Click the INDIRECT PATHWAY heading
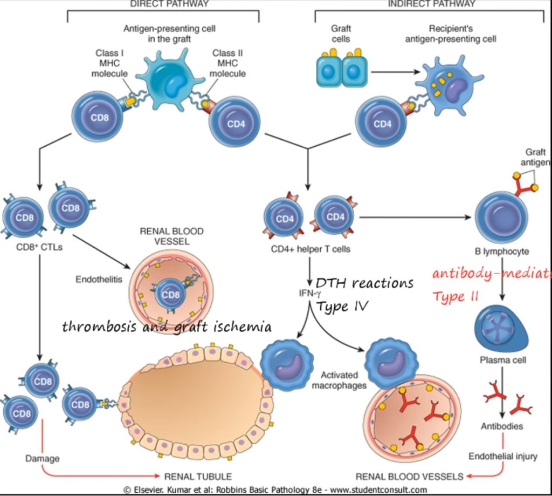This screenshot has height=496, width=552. tap(432, 4)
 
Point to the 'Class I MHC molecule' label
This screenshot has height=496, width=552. tap(109, 63)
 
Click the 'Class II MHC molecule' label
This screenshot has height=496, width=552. tap(227, 63)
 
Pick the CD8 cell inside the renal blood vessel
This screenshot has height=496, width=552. tap(170, 295)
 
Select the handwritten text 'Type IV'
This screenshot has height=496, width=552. tap(342, 307)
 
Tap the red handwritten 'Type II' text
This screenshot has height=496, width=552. tap(456, 296)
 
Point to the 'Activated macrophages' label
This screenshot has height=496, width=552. tap(339, 380)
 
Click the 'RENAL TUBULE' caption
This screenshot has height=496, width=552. tap(198, 477)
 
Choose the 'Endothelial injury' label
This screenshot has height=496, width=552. tap(502, 457)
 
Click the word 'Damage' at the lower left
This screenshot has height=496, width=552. tap(42, 459)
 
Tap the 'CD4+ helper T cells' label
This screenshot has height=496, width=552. tap(310, 249)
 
